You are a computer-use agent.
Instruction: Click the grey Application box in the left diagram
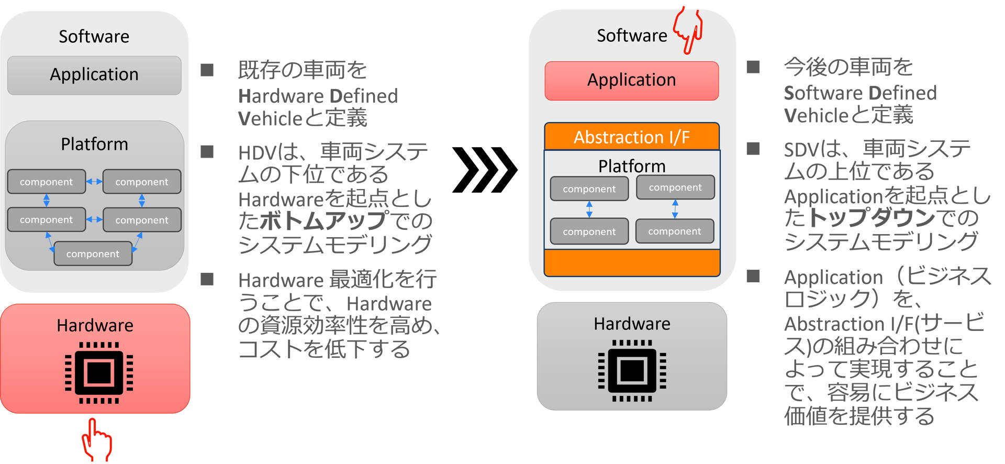pos(94,75)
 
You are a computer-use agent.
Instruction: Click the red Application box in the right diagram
pos(631,81)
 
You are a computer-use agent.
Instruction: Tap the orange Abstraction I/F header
pos(631,137)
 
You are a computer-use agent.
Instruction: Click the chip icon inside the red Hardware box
pos(99,373)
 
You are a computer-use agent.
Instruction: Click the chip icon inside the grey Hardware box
pos(632,371)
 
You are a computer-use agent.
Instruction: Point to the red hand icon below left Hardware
pos(96,441)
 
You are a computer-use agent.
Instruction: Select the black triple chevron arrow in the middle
pos(484,170)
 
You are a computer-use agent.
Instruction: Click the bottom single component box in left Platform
pos(93,254)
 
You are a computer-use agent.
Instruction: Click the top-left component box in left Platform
pos(47,182)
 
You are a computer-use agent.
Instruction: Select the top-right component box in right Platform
pos(675,187)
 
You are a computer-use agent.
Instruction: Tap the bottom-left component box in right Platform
pos(589,231)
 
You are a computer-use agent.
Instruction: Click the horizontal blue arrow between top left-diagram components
pos(94,182)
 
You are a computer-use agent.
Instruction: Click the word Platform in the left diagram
pos(94,144)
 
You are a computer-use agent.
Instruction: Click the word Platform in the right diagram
pos(632,166)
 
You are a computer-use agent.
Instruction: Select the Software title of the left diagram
pos(94,37)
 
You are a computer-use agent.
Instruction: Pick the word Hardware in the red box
pos(95,326)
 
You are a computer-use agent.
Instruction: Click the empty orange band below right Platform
pos(632,262)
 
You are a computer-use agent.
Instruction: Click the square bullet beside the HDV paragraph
pos(207,152)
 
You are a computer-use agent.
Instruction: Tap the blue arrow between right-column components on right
pos(675,209)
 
